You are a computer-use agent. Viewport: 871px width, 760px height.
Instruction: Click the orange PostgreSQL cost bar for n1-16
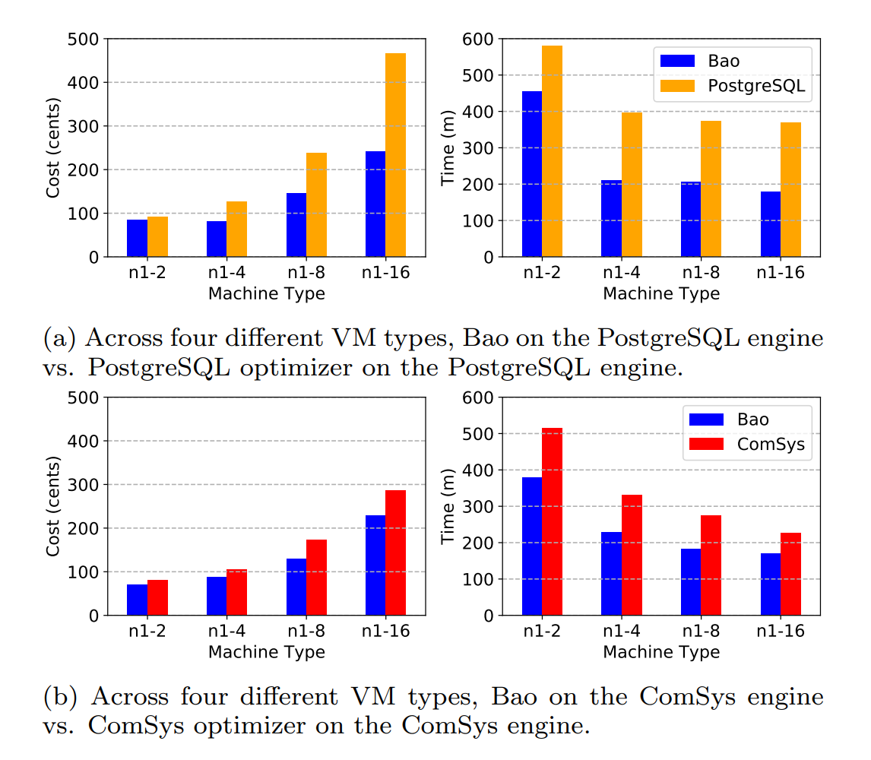395,155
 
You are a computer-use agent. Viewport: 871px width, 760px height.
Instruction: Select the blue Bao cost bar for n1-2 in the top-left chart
137,238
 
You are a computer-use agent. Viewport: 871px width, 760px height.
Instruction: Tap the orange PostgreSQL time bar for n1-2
552,151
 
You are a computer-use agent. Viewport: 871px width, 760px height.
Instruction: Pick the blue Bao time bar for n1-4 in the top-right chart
611,219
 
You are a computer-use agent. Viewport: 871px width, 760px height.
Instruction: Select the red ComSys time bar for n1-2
552,521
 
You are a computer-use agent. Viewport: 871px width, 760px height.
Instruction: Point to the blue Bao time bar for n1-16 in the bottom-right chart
771,584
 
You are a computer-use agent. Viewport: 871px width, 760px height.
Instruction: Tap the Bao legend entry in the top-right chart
721,61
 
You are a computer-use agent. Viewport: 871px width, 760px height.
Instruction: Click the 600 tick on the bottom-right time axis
483,397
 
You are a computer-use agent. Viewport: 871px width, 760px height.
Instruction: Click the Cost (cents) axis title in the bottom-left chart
53,506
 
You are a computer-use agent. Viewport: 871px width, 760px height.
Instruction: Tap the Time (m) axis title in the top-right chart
448,147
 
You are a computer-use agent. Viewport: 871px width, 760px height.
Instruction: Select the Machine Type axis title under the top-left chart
266,293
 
